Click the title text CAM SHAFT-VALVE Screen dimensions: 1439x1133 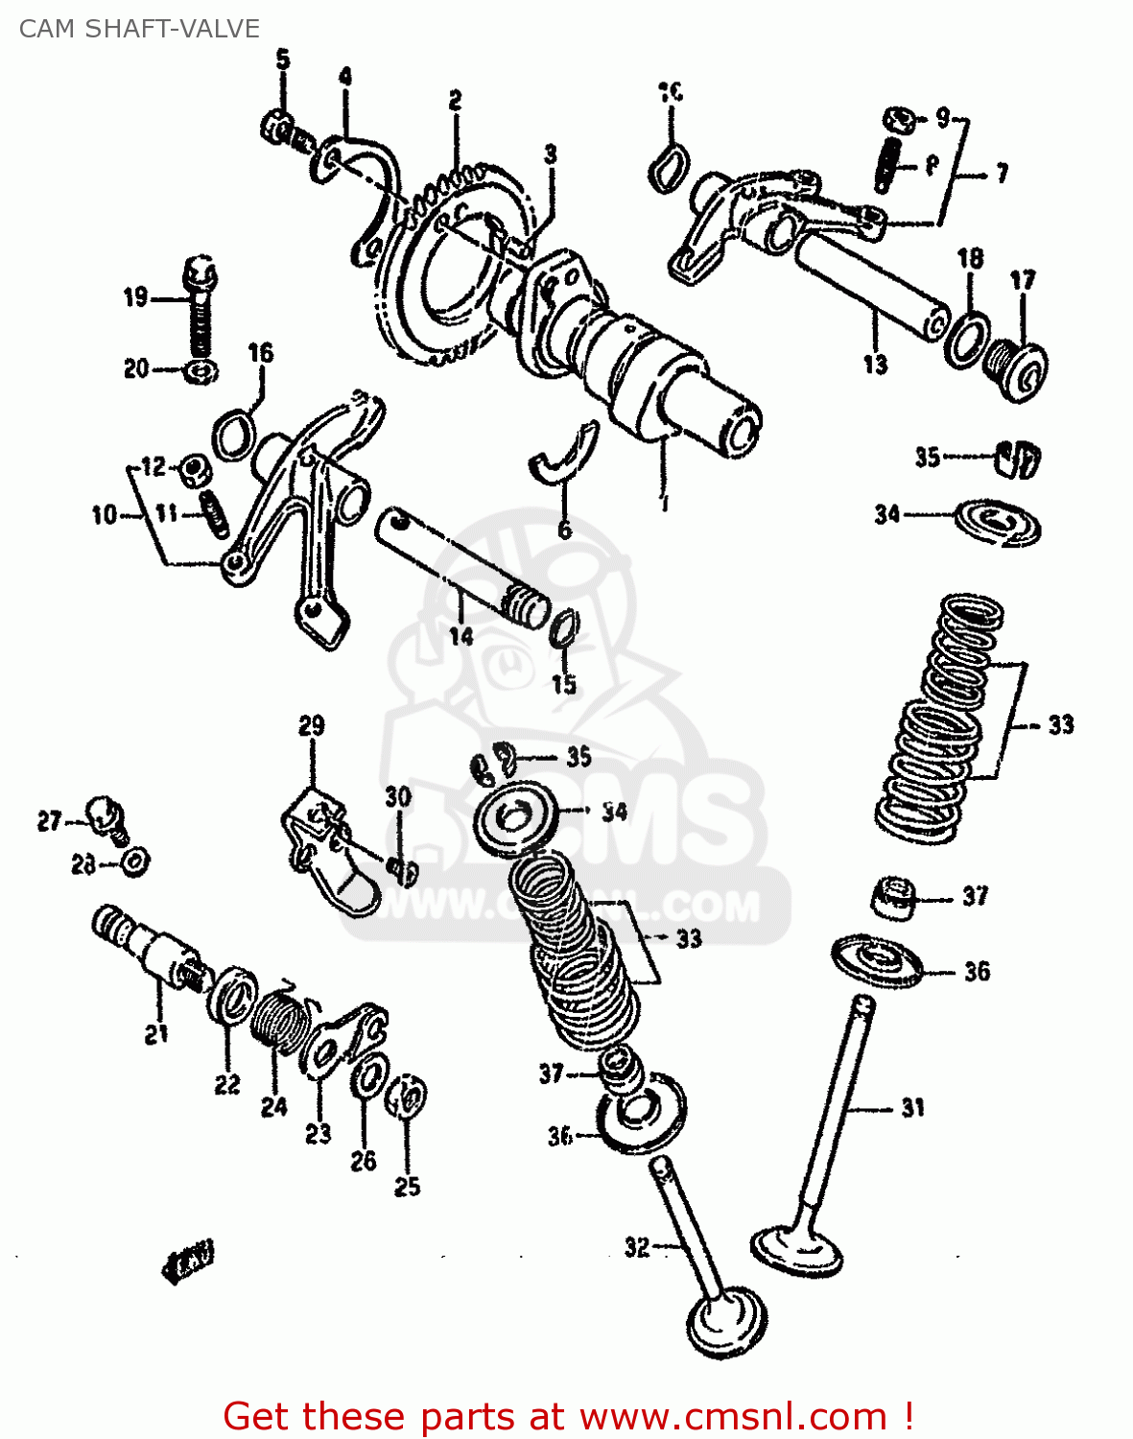(x=139, y=29)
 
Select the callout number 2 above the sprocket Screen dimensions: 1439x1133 (x=455, y=100)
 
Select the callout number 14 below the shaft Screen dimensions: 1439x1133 (x=460, y=636)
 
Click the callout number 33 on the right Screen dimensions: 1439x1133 (x=1060, y=724)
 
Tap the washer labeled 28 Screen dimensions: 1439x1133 (x=134, y=861)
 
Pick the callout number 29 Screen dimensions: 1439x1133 (x=312, y=726)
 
